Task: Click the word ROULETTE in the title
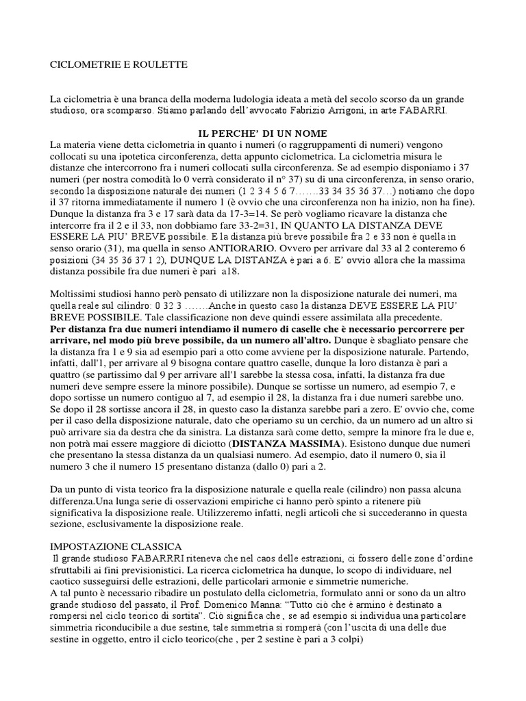pos(162,65)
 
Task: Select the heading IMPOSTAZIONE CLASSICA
pos(115,547)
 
